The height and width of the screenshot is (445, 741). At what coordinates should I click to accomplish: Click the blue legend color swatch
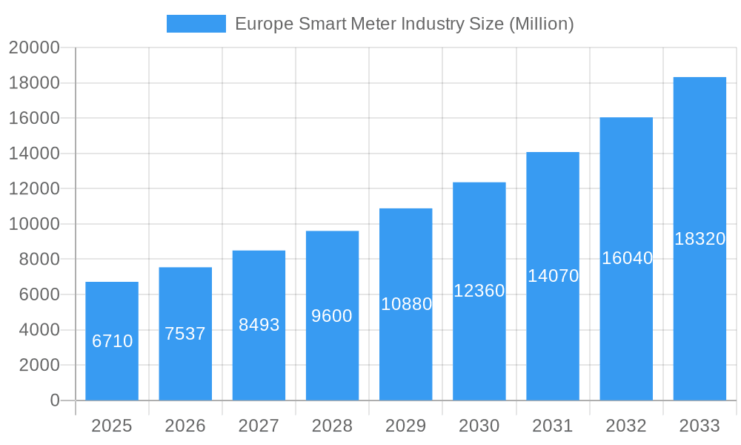point(196,24)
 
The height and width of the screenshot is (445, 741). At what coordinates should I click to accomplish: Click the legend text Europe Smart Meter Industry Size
point(404,24)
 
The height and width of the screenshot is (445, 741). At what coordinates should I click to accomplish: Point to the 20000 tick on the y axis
point(33,47)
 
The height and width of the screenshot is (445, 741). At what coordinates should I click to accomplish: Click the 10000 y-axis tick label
point(33,224)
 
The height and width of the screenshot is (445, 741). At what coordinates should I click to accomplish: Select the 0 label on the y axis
point(55,400)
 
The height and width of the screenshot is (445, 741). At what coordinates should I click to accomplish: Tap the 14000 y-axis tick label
point(33,154)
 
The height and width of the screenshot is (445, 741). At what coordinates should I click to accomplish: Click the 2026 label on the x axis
point(185,426)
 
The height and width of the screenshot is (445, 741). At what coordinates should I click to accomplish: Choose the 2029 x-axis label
point(406,426)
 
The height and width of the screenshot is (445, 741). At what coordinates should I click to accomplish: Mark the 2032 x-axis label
point(626,426)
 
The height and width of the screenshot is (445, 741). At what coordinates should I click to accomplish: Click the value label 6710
point(112,341)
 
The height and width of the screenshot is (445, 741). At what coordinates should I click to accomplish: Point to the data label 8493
point(259,324)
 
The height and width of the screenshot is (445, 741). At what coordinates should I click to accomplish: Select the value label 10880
point(406,304)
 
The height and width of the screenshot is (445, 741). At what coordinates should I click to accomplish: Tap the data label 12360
point(479,291)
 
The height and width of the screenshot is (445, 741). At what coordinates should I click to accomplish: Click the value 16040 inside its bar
point(626,258)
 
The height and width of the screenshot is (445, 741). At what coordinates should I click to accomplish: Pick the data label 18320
point(700,239)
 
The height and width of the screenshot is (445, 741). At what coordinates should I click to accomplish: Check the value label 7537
point(185,334)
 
